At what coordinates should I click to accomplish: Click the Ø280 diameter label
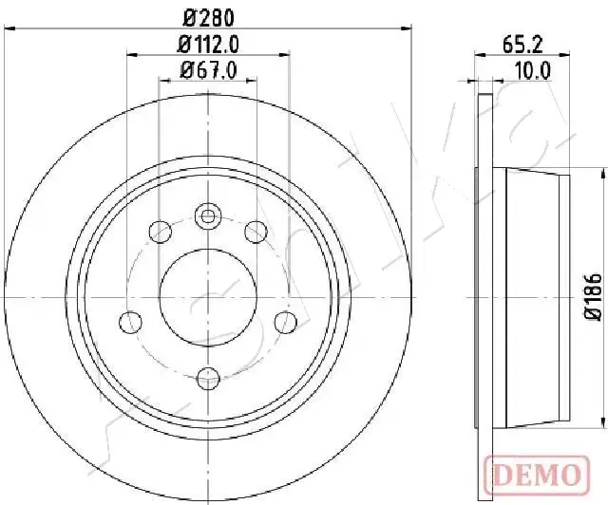[x=209, y=18]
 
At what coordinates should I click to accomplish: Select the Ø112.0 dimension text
[x=208, y=45]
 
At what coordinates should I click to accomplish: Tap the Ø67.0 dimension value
[x=208, y=70]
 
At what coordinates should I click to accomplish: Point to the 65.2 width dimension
[x=522, y=45]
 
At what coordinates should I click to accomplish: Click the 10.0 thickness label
[x=533, y=71]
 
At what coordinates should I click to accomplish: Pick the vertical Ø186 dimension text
[x=594, y=297]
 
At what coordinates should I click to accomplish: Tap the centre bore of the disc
[x=208, y=297]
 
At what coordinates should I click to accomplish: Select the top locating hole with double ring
[x=208, y=216]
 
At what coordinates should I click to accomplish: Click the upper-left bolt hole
[x=161, y=232]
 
